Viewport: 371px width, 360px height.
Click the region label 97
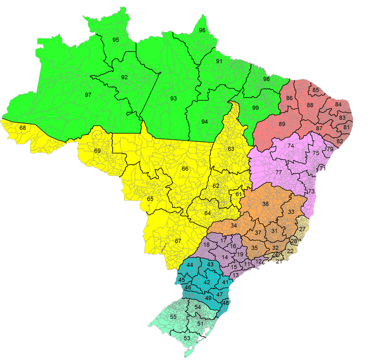[88, 94]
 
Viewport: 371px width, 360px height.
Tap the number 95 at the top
[116, 40]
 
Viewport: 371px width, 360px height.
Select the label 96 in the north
[202, 31]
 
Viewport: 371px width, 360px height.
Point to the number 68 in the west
[23, 128]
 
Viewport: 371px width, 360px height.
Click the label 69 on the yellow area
[97, 151]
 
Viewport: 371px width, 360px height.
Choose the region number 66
[185, 169]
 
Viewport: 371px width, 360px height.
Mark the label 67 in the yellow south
[178, 241]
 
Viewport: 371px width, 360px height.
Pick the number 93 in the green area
[173, 98]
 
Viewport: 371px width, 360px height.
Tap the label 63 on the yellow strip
[231, 149]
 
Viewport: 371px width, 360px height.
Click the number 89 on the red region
[282, 124]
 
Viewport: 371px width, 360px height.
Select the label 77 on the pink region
[279, 173]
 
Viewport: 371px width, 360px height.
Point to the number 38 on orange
[266, 204]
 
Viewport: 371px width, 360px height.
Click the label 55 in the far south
[173, 316]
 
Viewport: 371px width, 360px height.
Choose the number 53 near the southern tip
[187, 338]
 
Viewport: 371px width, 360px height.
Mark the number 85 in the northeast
[315, 90]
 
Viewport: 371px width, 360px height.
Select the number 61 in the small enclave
[239, 194]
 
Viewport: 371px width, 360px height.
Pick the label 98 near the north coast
[267, 79]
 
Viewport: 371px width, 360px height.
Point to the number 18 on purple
[207, 245]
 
